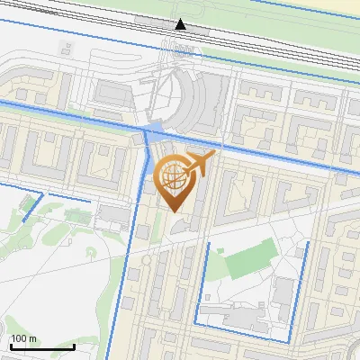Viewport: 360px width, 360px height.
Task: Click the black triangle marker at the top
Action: click(x=181, y=24)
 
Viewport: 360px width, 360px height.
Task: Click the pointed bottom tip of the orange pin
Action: click(x=174, y=212)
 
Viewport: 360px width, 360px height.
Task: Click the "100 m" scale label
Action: click(x=24, y=338)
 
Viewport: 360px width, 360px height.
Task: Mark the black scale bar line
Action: click(x=41, y=346)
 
